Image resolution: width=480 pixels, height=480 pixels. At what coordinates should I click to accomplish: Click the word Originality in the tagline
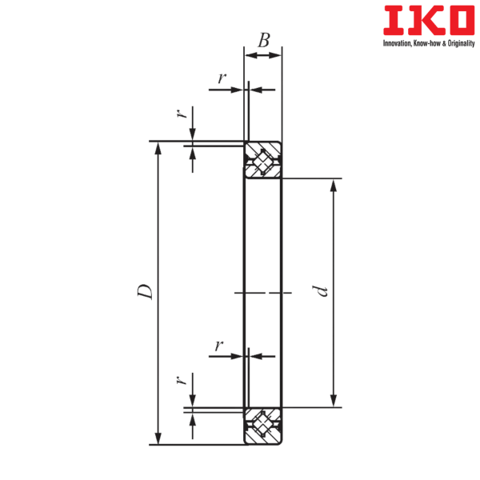(461, 43)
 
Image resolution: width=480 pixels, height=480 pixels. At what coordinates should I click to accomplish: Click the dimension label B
(263, 41)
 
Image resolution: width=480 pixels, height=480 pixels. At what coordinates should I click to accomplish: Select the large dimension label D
(145, 292)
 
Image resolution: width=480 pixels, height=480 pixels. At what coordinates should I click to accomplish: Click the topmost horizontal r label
(222, 78)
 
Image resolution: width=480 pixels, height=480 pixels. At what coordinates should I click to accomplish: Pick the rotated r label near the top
(182, 114)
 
